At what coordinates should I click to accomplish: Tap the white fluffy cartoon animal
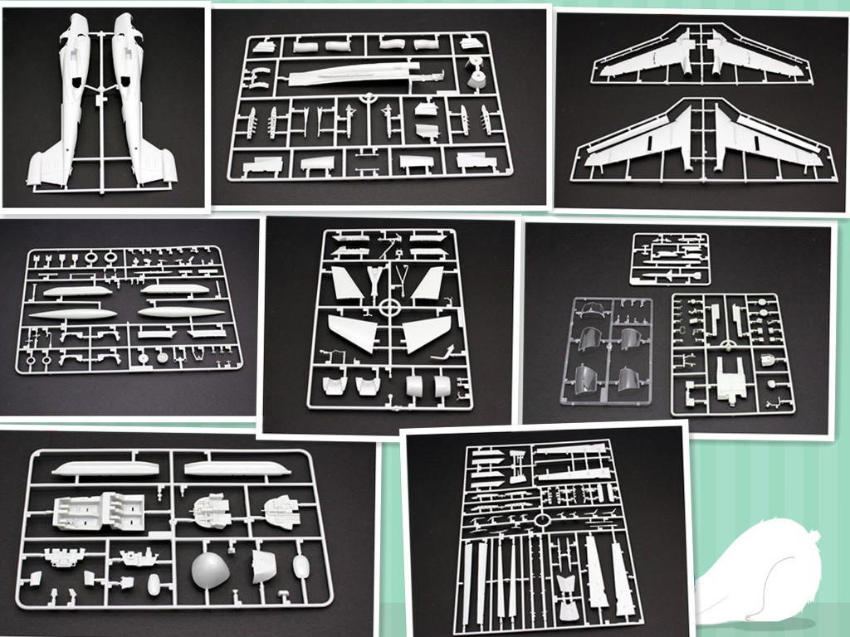point(764,572)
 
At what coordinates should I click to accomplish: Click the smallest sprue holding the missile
point(669,259)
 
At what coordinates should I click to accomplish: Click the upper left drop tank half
point(78,291)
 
